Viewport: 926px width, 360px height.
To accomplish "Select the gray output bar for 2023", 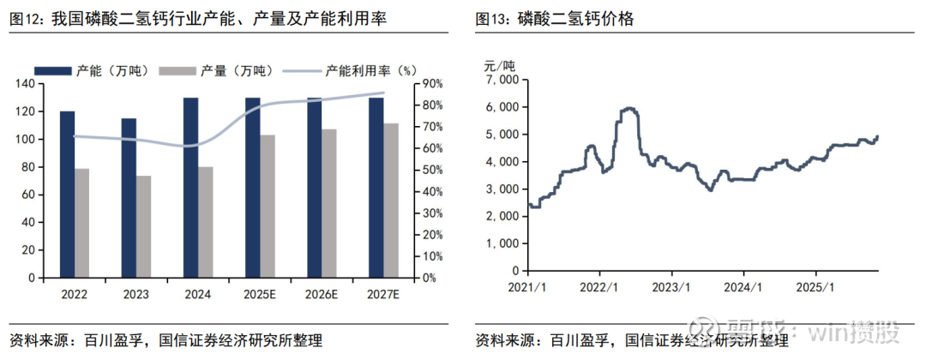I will (143, 227).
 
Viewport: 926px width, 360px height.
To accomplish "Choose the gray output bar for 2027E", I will (390, 201).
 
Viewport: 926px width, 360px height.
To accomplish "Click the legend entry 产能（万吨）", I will (86, 70).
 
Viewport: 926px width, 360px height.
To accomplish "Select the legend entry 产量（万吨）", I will (214, 70).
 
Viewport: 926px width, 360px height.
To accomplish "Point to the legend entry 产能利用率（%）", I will (343, 70).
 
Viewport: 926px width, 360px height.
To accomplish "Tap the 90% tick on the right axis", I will (431, 83).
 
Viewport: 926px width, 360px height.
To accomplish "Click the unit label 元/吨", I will (500, 64).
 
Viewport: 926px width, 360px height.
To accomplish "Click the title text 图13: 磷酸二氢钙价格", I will (555, 18).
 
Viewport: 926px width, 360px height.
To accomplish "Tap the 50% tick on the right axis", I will (431, 170).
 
